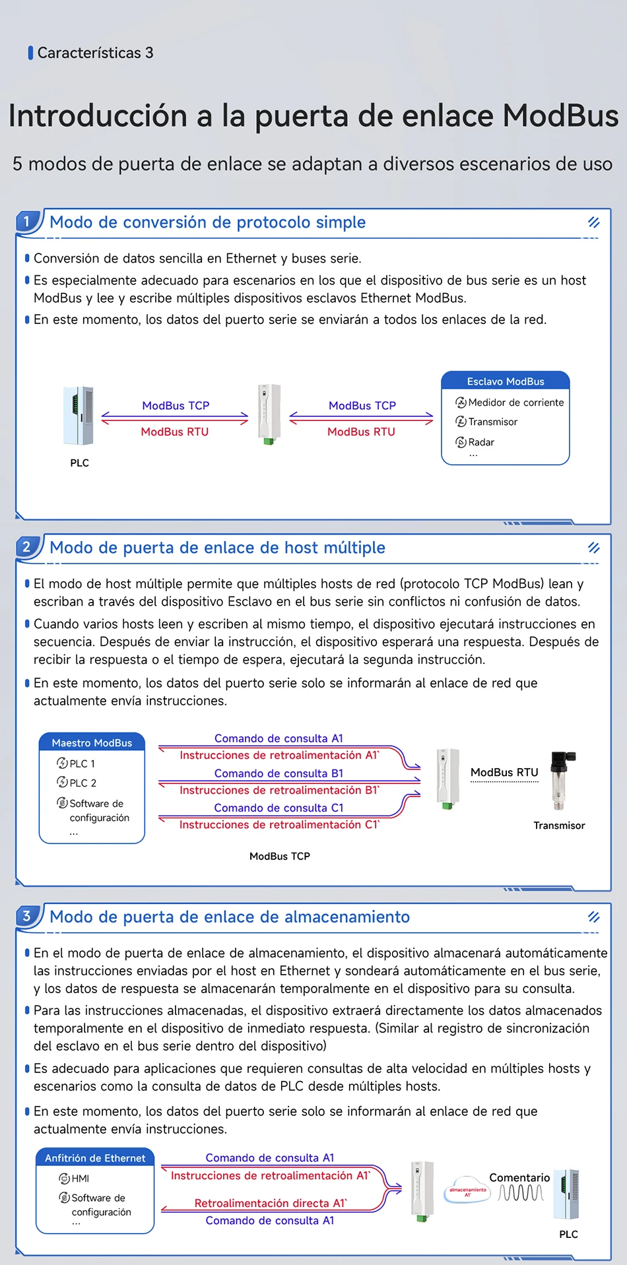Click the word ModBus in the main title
click(560, 116)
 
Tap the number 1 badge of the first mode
click(26, 222)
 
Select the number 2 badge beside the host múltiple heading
click(26, 547)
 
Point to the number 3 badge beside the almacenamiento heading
click(26, 916)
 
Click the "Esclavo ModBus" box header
click(506, 381)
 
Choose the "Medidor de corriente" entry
click(515, 403)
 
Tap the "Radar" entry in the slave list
click(480, 442)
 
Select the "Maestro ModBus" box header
click(92, 743)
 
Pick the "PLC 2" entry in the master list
click(82, 783)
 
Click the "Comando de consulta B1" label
click(279, 773)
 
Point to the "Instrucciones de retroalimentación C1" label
click(279, 825)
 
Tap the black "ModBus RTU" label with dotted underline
click(504, 773)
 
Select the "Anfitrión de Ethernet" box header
click(95, 1158)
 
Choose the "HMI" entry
click(80, 1179)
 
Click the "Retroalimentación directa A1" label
click(271, 1203)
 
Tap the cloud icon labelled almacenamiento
click(467, 1190)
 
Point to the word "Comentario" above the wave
click(519, 1178)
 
